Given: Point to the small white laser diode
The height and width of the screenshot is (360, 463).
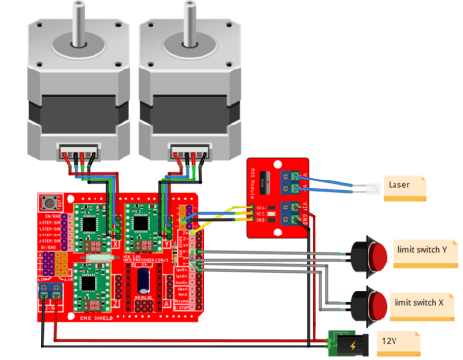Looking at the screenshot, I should (x=362, y=187).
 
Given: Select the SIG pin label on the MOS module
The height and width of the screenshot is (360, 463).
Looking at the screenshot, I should (x=259, y=207).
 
